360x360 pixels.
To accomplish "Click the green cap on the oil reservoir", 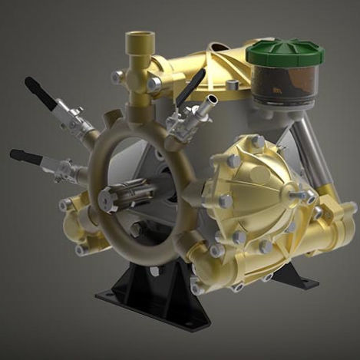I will tap(285, 52).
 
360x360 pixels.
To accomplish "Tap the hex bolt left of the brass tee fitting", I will tap(117, 77).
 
